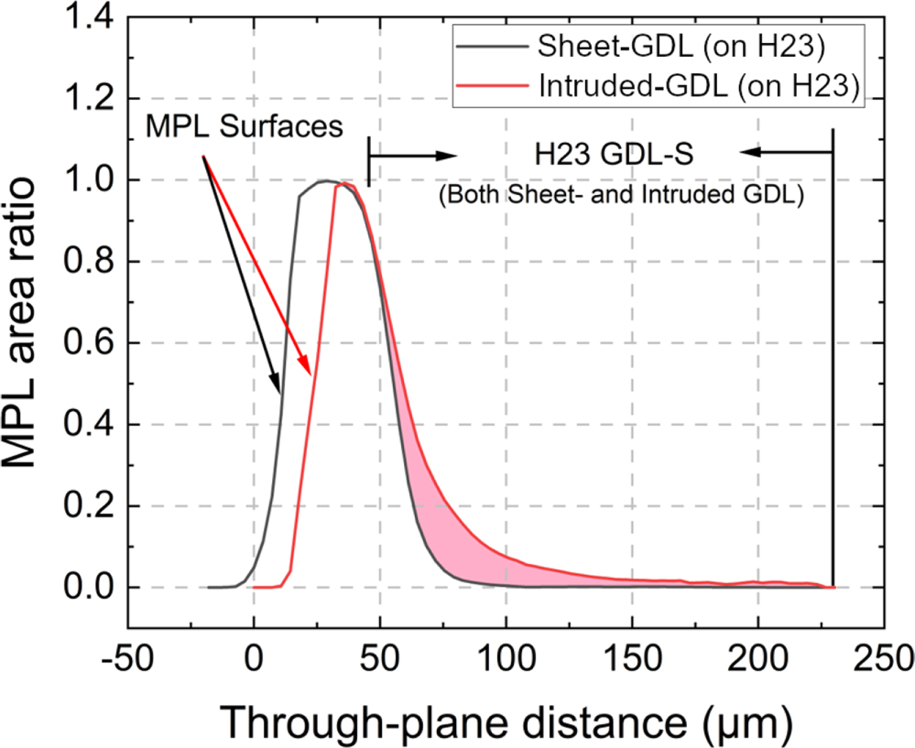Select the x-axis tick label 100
[506, 659]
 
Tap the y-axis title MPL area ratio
[30, 311]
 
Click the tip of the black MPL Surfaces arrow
[278, 394]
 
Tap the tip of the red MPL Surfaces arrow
[312, 374]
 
